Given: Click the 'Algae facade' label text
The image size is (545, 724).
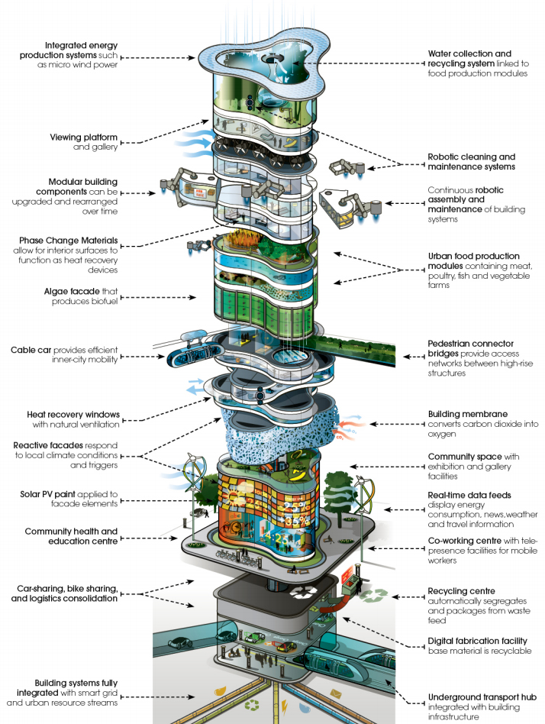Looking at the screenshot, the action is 72,291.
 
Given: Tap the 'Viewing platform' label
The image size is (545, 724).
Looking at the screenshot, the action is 83,137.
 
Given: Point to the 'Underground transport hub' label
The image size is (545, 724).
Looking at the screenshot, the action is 482,697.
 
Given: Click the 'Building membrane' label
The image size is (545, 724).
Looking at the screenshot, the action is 467,414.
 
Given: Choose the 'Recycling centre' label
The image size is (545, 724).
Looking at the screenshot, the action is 462,591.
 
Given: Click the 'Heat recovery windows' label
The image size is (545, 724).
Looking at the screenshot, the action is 73,414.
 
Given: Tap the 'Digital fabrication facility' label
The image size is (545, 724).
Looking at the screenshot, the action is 477,641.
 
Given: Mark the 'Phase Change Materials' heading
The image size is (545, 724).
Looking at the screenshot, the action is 68,240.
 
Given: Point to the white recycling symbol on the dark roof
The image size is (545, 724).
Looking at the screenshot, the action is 303,591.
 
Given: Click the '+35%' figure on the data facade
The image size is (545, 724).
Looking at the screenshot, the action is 296,521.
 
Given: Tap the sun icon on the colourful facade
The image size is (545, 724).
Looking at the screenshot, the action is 233,497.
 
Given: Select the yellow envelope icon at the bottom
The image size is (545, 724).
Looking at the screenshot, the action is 336,693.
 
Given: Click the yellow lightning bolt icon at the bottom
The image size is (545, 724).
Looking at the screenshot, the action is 285,706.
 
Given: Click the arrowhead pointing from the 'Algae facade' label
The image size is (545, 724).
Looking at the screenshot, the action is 193,297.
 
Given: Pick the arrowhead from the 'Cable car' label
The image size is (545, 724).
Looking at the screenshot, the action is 161,357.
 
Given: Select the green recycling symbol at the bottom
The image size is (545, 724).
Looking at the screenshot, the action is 253,706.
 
